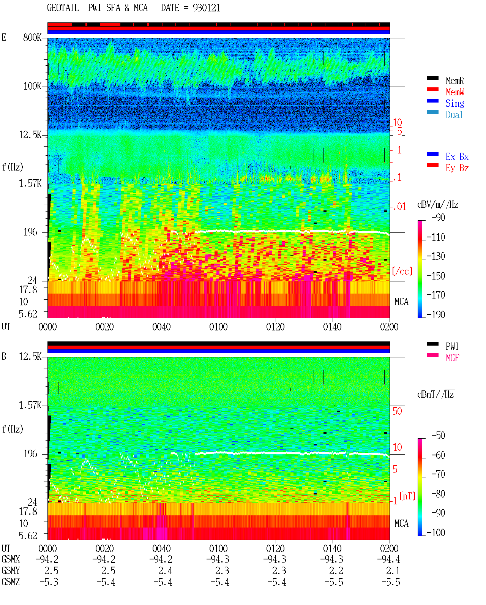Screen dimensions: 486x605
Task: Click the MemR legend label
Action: click(454, 81)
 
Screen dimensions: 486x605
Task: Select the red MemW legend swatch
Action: click(432, 89)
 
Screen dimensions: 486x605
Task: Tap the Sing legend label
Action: click(454, 103)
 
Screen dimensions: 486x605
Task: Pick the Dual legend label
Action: click(454, 115)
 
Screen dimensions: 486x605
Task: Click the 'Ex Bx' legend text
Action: click(457, 156)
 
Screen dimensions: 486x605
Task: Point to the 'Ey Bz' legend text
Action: click(457, 168)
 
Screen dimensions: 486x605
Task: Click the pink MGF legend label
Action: click(452, 358)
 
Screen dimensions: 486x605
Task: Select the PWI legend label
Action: click(452, 346)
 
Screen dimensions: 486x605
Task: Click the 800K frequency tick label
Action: click(32, 37)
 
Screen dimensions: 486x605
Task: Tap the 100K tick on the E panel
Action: click(32, 86)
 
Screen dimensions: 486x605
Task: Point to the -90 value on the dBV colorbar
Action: click(438, 217)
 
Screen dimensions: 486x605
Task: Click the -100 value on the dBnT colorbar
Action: click(436, 532)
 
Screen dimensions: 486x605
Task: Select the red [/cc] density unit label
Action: click(402, 271)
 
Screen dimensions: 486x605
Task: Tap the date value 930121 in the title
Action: click(206, 8)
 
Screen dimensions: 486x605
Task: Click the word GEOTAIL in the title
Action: click(63, 8)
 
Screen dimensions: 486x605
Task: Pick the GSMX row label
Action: click(11, 559)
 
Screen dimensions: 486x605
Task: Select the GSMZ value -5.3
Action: click(49, 582)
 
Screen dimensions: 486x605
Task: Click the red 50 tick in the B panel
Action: click(397, 411)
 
